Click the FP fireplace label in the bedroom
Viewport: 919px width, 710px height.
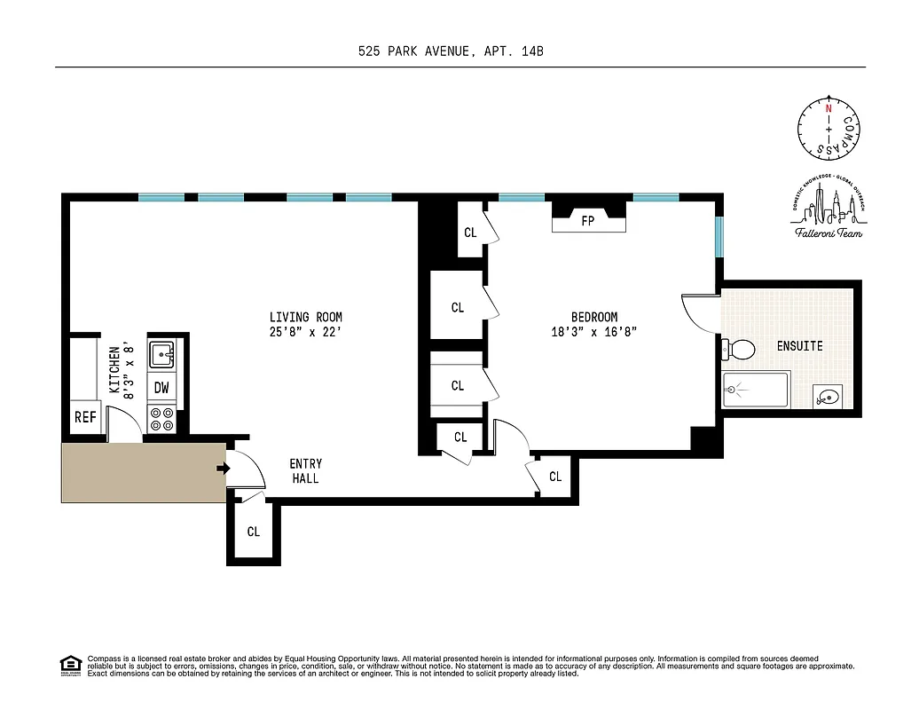pyautogui.click(x=587, y=221)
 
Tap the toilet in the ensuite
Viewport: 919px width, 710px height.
pyautogui.click(x=739, y=350)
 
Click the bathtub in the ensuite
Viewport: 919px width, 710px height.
pyautogui.click(x=756, y=390)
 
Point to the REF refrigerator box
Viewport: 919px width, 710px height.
pyautogui.click(x=84, y=417)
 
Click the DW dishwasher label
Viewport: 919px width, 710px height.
pyautogui.click(x=161, y=387)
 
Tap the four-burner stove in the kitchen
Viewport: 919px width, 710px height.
pyautogui.click(x=161, y=418)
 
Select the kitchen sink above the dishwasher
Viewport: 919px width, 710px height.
pyautogui.click(x=162, y=355)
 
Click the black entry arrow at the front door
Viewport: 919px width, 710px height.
pyautogui.click(x=223, y=469)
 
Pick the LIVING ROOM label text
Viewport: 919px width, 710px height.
pyautogui.click(x=306, y=317)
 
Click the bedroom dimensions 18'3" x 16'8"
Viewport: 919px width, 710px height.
pyautogui.click(x=593, y=332)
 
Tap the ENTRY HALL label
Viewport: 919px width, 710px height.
pyautogui.click(x=306, y=470)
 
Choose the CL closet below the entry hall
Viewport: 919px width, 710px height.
pyautogui.click(x=254, y=532)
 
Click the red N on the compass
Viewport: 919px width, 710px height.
pyautogui.click(x=828, y=108)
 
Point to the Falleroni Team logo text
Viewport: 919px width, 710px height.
pyautogui.click(x=828, y=233)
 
